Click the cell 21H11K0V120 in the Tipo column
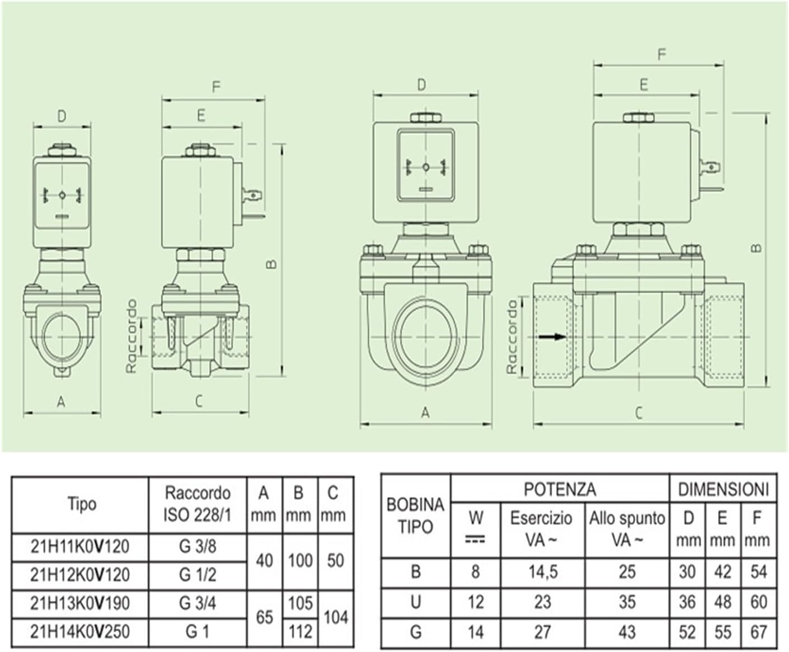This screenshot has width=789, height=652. (80, 547)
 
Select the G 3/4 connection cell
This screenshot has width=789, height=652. (198, 603)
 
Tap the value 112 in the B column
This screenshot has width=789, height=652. (300, 632)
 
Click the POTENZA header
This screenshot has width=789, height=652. (560, 489)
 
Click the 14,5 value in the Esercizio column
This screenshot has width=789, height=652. (543, 572)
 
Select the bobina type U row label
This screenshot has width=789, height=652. (416, 602)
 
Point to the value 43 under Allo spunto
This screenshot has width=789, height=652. (627, 632)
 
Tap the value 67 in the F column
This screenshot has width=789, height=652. (758, 632)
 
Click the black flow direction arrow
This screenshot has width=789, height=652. (552, 337)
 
